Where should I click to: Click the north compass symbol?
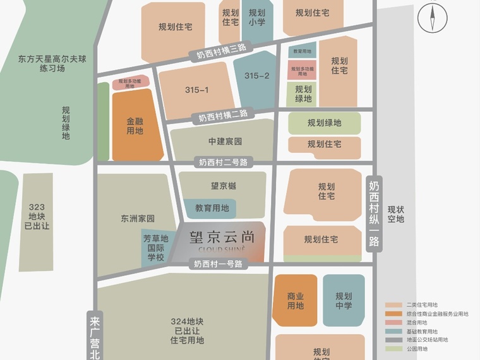click(433, 17)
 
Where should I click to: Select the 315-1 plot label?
click(196, 90)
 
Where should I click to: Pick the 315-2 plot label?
click(256, 76)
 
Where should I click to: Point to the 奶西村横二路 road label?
click(223, 116)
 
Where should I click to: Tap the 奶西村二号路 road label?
click(223, 162)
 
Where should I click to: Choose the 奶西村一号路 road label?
click(218, 264)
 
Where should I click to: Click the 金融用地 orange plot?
click(135, 126)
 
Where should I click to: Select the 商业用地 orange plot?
click(295, 301)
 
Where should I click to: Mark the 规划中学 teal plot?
click(344, 301)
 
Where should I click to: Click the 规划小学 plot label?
click(256, 17)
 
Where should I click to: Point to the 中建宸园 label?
click(225, 141)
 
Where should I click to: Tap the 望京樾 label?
click(223, 186)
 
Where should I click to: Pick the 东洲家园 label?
click(138, 219)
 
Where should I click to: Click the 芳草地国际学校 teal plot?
click(155, 248)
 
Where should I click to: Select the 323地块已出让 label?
click(37, 216)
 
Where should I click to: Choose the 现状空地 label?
click(396, 215)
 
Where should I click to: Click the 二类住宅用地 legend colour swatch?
click(394, 305)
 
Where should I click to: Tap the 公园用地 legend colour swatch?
click(394, 349)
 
